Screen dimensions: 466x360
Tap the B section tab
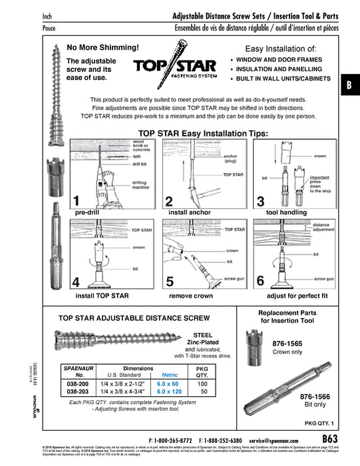[x=349, y=86]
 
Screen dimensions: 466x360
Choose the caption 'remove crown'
[x=190, y=294]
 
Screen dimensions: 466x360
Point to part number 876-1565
[x=286, y=344]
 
